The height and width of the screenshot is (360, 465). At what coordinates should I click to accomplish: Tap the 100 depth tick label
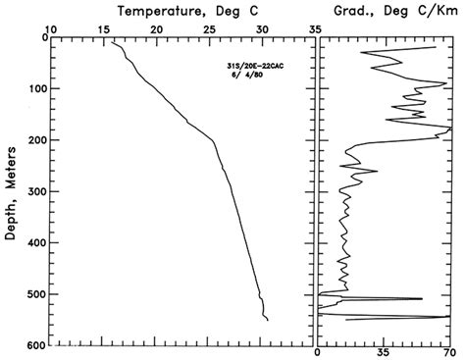35,89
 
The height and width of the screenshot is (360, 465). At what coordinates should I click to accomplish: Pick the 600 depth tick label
35,345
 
